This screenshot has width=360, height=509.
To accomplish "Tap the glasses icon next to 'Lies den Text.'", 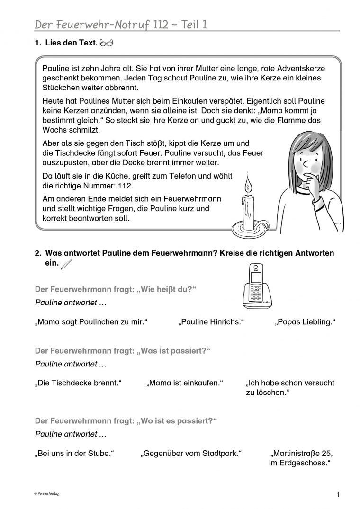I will (107, 44).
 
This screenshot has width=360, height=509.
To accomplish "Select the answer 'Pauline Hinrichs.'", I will (211, 322).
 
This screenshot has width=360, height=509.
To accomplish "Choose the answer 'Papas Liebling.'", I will (305, 322).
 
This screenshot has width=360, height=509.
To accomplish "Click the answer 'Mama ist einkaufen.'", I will (185, 383).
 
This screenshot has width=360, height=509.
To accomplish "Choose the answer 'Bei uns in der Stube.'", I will (76, 453).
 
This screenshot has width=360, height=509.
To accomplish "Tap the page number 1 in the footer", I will (338, 495).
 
